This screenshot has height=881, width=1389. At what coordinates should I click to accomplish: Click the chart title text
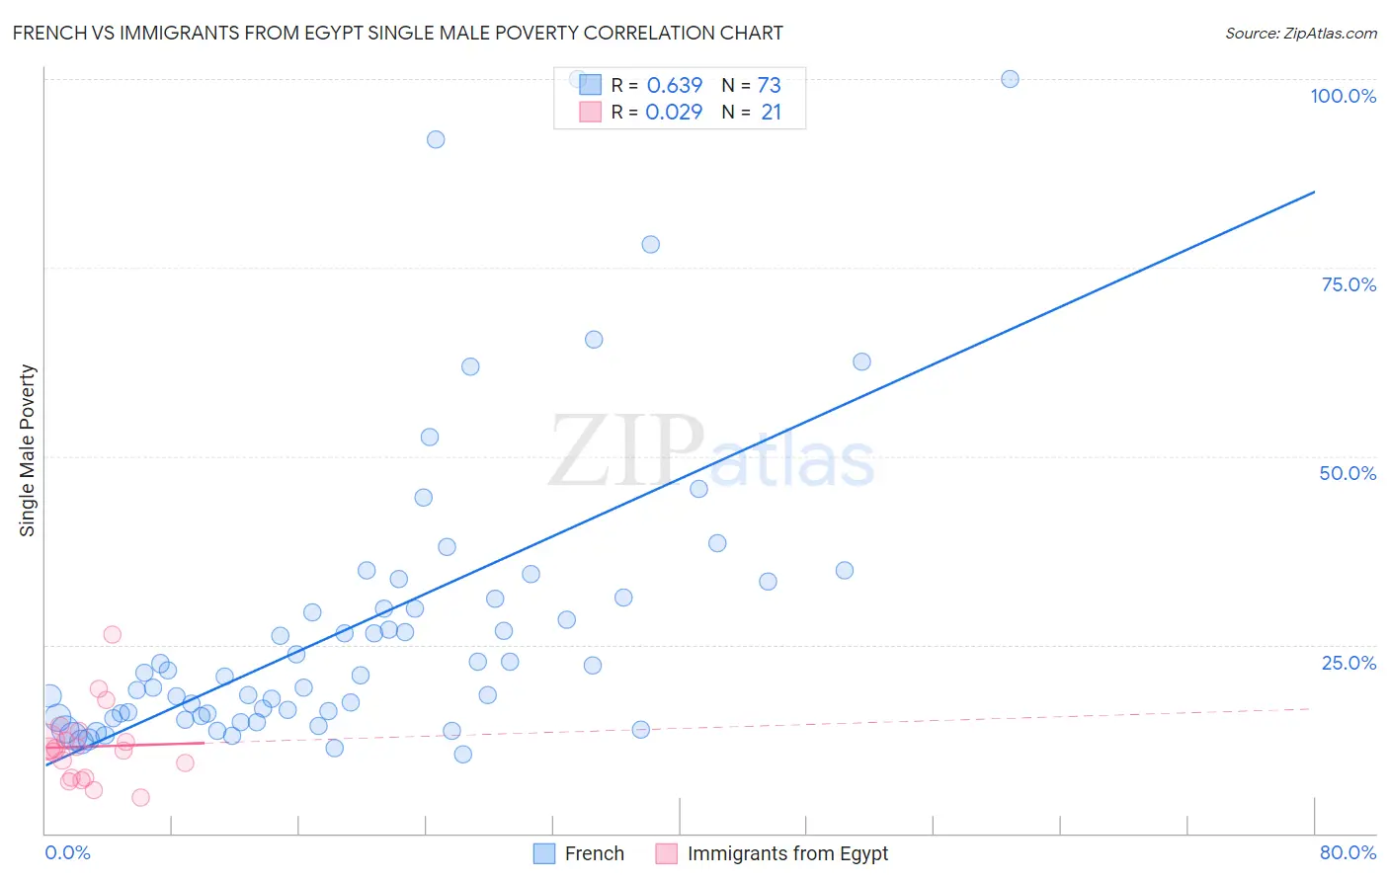click(397, 33)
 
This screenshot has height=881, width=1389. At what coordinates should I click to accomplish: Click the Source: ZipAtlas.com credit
click(1300, 33)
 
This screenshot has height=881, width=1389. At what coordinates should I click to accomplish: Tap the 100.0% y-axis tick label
click(1343, 96)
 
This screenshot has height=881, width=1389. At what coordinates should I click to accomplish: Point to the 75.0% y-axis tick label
click(1348, 284)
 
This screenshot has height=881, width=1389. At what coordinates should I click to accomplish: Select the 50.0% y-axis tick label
click(1348, 473)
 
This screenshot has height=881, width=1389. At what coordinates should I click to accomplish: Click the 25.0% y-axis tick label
click(1348, 662)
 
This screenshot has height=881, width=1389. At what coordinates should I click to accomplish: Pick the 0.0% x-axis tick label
click(67, 852)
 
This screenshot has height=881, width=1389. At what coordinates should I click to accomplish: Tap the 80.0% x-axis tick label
click(1348, 852)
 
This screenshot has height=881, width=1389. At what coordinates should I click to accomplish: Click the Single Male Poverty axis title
click(28, 450)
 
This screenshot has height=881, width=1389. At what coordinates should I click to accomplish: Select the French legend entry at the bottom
click(579, 853)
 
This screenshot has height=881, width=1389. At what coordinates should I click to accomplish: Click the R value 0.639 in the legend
click(674, 85)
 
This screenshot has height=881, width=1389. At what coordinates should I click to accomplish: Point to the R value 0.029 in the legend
click(674, 112)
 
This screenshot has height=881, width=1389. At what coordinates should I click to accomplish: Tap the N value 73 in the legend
click(769, 85)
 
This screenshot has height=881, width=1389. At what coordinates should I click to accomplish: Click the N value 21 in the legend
click(771, 112)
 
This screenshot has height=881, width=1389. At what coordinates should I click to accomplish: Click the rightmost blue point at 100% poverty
click(1010, 79)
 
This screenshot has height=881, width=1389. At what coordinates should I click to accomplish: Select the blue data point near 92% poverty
click(436, 139)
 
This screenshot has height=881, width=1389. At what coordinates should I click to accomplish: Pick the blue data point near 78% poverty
click(650, 244)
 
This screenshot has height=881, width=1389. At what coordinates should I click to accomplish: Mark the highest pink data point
click(113, 634)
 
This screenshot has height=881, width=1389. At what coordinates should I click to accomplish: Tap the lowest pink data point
click(140, 797)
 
